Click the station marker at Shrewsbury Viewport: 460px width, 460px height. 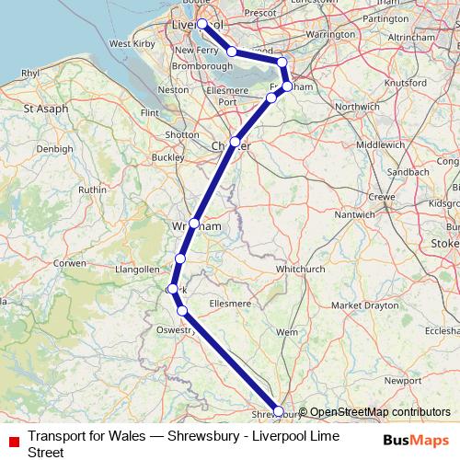coord(279,412)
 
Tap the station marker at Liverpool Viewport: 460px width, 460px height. coord(201,25)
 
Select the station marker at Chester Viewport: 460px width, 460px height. coord(236,142)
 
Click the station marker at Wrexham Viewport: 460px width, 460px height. coord(194,224)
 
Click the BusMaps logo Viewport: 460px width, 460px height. coord(416,440)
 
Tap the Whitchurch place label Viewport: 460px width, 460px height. coord(301,269)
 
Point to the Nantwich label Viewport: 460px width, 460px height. coord(353,213)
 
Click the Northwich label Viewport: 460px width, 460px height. coord(357,107)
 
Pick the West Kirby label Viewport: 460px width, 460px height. coord(132,43)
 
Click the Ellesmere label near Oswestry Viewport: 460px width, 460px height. coord(230,303)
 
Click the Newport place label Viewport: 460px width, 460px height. coord(404,379)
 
